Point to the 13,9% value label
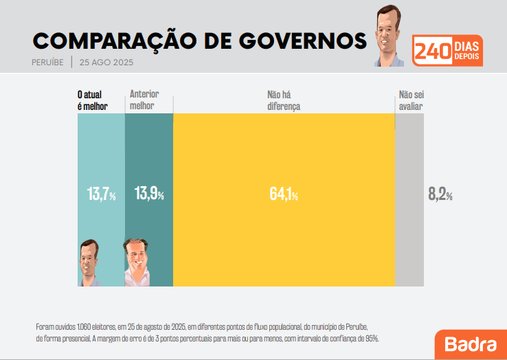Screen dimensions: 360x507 coord(149,194)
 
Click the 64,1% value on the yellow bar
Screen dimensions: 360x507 coord(284,194)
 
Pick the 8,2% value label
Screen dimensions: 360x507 coord(440,194)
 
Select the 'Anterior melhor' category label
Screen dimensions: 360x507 coord(142,100)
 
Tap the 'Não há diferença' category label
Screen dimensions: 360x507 coord(284,100)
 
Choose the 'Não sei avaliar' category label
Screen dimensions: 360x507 coord(411,100)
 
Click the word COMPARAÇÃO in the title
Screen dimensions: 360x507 coord(122,41)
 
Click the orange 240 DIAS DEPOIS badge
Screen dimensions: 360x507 coord(447,50)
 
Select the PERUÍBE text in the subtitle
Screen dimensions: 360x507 coord(48,62)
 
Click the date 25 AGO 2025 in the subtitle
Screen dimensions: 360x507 coord(106,62)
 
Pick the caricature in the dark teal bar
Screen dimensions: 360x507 coord(137,262)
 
